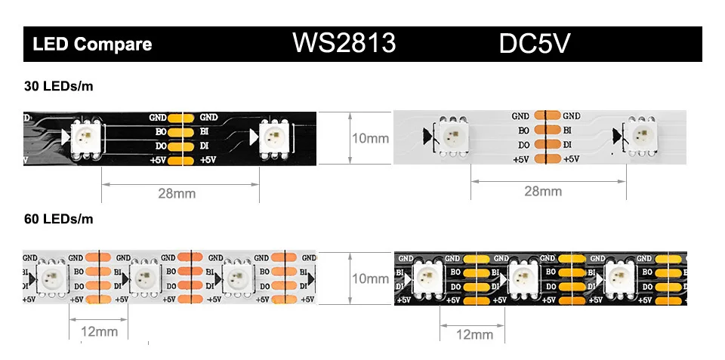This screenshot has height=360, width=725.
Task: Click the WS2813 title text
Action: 344,44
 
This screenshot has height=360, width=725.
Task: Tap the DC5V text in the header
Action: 535,44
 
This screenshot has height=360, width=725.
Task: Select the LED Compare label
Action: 92,45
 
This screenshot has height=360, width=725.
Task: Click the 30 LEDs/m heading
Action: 59,87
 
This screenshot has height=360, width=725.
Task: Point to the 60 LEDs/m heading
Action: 59,220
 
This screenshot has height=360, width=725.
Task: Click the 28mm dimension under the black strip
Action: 177,193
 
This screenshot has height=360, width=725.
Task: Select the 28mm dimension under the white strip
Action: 543,191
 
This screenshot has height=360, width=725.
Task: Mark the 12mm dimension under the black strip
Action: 474,334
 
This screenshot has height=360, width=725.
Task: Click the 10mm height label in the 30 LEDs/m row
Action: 371,138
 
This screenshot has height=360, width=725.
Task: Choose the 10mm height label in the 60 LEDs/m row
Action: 371,278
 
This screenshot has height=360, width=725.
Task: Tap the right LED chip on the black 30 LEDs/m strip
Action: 273,137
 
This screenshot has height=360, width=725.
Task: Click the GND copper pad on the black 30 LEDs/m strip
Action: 180,118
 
